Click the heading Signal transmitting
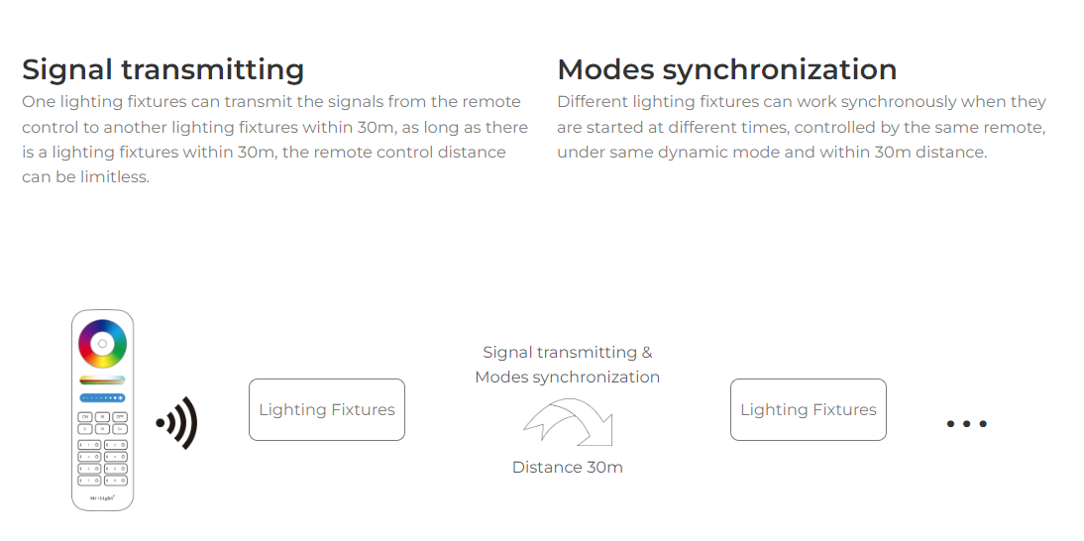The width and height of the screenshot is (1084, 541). point(163,70)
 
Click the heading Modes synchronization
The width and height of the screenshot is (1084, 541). point(727,69)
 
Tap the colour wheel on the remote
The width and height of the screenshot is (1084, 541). point(102,344)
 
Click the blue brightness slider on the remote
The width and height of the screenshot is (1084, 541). point(102,398)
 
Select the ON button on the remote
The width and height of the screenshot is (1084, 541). point(85,417)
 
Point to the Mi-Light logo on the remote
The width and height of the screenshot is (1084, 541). point(102,497)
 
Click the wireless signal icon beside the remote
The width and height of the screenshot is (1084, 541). point(177,423)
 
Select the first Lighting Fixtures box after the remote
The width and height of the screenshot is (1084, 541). point(327,410)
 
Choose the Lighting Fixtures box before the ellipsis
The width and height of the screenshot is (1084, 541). point(809,410)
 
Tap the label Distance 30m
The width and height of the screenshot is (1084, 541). point(568,467)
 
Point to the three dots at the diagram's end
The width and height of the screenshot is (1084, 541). point(966,423)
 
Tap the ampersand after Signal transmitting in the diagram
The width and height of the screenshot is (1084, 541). point(646,353)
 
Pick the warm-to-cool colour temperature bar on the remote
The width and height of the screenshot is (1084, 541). point(102,380)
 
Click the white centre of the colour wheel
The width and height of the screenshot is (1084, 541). point(102,344)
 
